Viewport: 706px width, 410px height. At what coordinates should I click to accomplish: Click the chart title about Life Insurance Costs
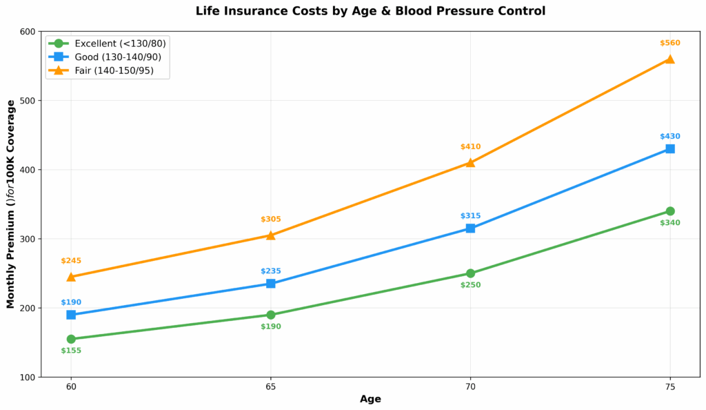pyautogui.click(x=370, y=11)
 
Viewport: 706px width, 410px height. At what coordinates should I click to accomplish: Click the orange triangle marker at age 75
pyautogui.click(x=669, y=59)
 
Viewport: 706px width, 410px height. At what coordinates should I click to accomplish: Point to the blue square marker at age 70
pyautogui.click(x=470, y=228)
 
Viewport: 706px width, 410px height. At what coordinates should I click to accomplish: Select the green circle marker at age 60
pyautogui.click(x=71, y=339)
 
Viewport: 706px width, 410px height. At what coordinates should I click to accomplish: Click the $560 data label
pyautogui.click(x=669, y=43)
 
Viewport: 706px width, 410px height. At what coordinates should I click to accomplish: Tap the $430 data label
pyautogui.click(x=669, y=137)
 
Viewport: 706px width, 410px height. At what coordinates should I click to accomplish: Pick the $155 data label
pyautogui.click(x=71, y=351)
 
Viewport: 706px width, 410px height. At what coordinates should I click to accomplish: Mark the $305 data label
pyautogui.click(x=271, y=219)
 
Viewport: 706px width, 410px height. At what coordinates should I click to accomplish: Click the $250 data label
pyautogui.click(x=470, y=285)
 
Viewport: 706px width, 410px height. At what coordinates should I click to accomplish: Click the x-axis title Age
pyautogui.click(x=370, y=399)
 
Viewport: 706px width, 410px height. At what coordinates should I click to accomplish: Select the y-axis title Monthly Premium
pyautogui.click(x=11, y=204)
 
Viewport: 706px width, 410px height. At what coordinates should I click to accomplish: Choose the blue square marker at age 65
pyautogui.click(x=271, y=284)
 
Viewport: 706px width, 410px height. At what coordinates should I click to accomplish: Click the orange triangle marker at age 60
pyautogui.click(x=71, y=276)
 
